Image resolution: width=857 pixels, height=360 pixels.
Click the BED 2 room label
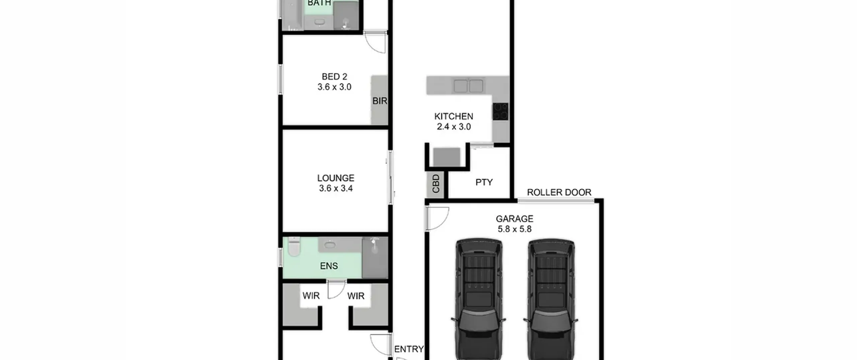pyautogui.click(x=334, y=77)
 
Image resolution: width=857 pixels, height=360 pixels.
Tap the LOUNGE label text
pyautogui.click(x=336, y=178)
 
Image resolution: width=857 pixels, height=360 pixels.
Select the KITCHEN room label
pyautogui.click(x=454, y=117)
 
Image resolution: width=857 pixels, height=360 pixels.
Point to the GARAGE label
pyautogui.click(x=515, y=219)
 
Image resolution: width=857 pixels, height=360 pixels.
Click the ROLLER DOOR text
pyautogui.click(x=559, y=193)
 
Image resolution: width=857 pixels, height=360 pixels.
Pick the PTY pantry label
pyautogui.click(x=484, y=182)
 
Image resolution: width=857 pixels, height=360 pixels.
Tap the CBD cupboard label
pyautogui.click(x=436, y=184)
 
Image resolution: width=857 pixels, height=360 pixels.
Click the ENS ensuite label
pyautogui.click(x=329, y=266)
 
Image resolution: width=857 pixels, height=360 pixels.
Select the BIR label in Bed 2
pyautogui.click(x=380, y=101)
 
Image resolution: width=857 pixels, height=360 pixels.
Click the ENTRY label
pyautogui.click(x=409, y=349)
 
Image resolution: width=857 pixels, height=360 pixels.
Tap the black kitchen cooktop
pyautogui.click(x=500, y=112)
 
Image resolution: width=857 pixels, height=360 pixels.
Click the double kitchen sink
pyautogui.click(x=468, y=86)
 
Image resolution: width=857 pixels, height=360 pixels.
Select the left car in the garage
pyautogui.click(x=478, y=299)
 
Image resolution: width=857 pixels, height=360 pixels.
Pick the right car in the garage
pyautogui.click(x=551, y=299)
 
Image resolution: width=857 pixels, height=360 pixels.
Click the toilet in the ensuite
pyautogui.click(x=294, y=246)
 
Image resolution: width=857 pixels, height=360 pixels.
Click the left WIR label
pyautogui.click(x=311, y=296)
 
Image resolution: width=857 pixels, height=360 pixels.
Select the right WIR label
pyautogui.click(x=356, y=296)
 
